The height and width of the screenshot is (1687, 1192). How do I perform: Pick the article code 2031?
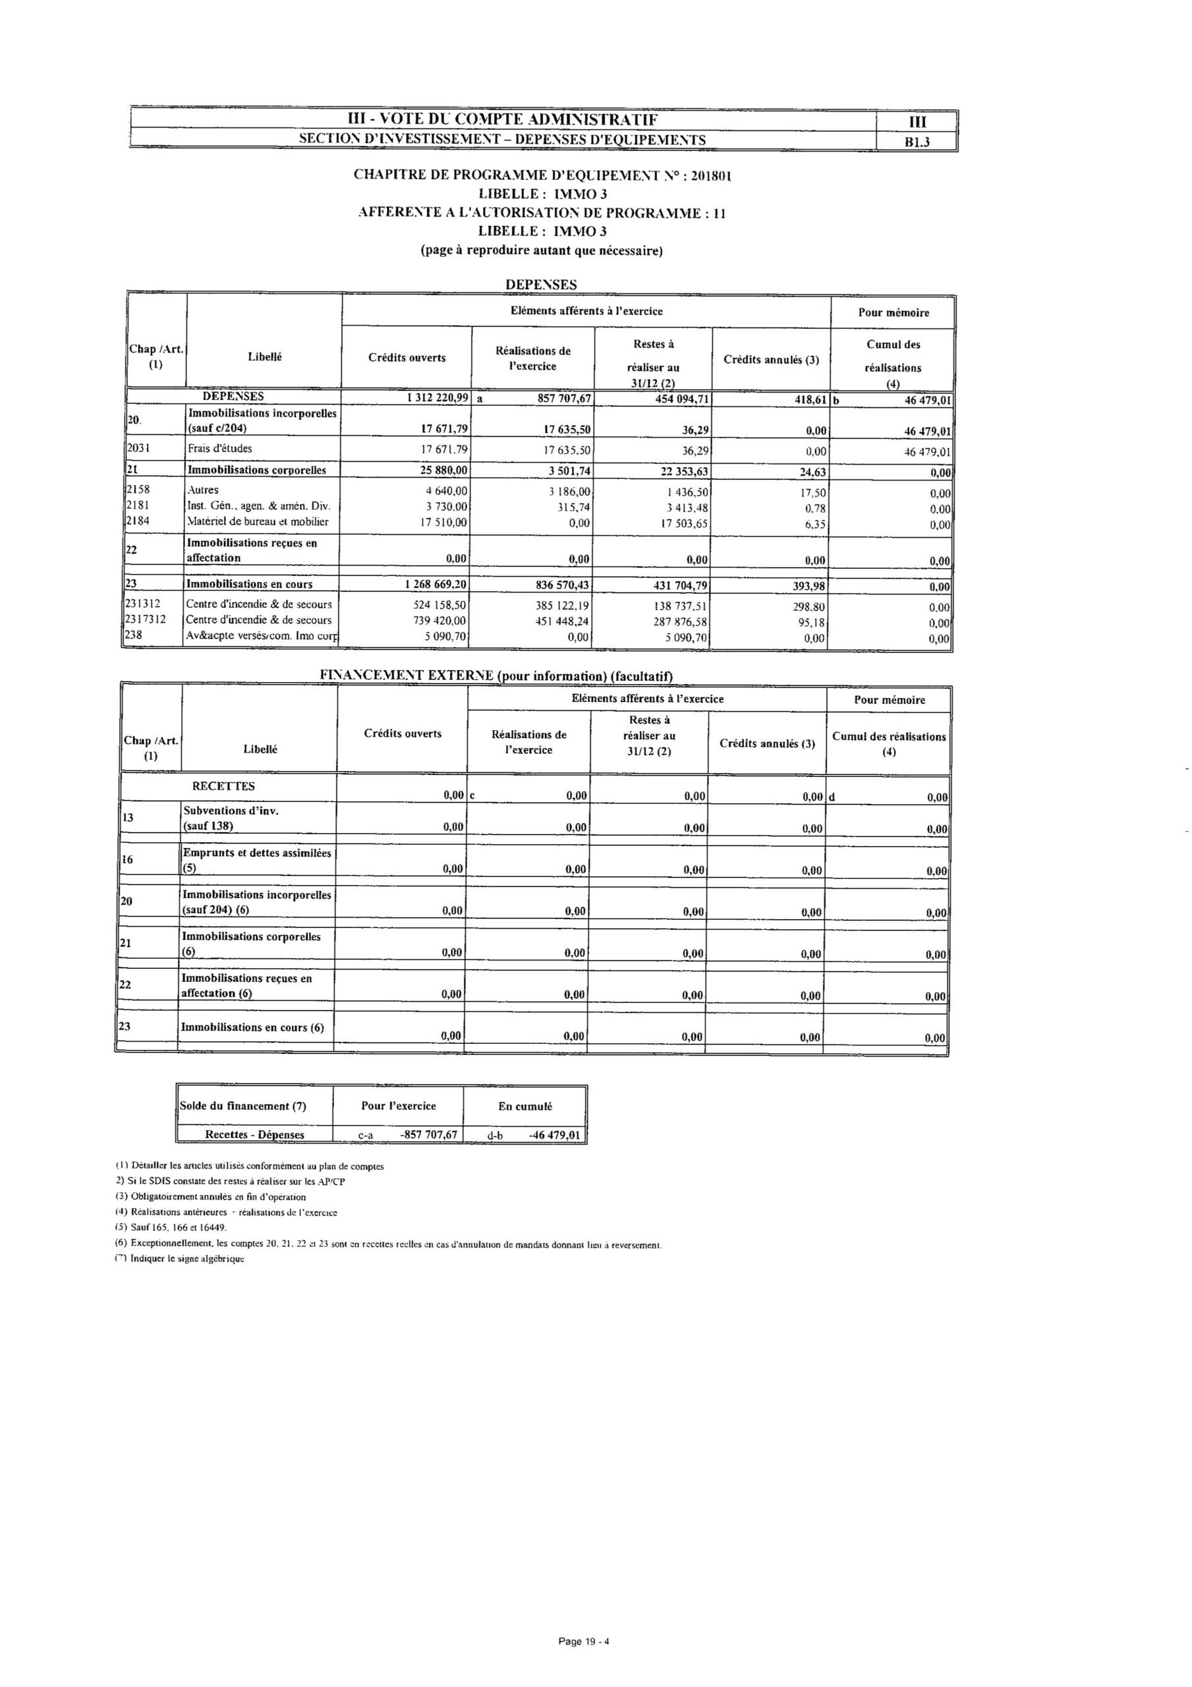pyautogui.click(x=140, y=448)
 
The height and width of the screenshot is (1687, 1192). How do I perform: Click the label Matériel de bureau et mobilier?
pyautogui.click(x=258, y=523)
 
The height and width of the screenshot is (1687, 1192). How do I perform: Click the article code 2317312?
pyautogui.click(x=146, y=619)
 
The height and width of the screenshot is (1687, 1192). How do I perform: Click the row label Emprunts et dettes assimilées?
pyautogui.click(x=256, y=853)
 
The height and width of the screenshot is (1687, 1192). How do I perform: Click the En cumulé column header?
pyautogui.click(x=525, y=1106)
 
